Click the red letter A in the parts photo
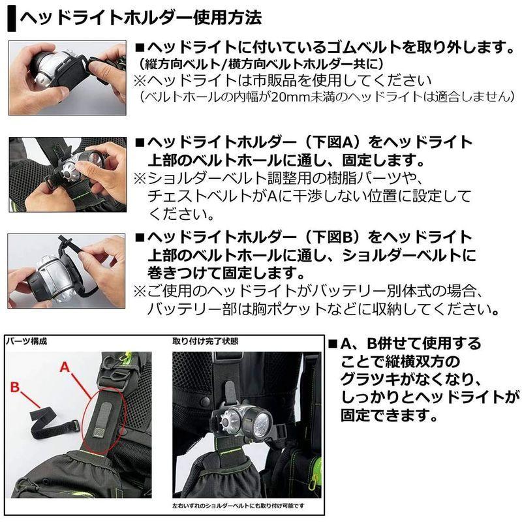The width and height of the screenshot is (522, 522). tap(65, 367)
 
